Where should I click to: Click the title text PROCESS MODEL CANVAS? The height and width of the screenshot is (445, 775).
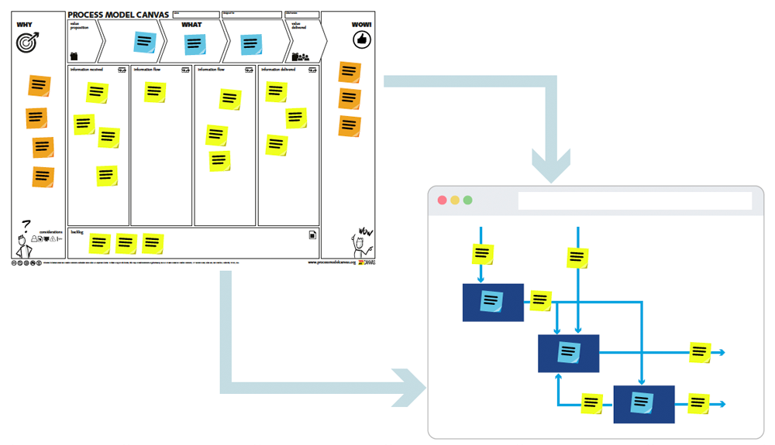coord(119,15)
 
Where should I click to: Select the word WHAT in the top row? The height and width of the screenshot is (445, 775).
coord(191,25)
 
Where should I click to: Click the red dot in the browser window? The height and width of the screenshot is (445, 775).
coord(443,200)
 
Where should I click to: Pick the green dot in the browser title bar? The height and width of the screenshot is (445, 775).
coord(467,200)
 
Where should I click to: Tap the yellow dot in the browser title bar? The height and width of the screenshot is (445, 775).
coord(455,200)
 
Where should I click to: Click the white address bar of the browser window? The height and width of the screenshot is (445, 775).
coord(635,200)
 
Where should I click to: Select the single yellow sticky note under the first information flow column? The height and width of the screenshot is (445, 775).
coord(155,92)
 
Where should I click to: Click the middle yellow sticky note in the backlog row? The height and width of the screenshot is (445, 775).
coord(126,244)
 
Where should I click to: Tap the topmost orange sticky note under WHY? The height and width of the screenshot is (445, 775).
coord(40,85)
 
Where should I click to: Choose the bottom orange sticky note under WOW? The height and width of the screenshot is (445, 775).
coord(350,126)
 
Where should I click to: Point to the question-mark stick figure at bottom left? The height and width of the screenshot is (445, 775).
coord(22,239)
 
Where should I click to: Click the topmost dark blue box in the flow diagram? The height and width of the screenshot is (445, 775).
coord(493,302)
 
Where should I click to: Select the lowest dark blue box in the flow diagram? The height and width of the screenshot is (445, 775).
coord(643,404)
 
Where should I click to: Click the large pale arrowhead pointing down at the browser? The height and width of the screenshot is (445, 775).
coord(550,166)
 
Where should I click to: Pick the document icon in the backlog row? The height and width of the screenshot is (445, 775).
coord(312,235)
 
